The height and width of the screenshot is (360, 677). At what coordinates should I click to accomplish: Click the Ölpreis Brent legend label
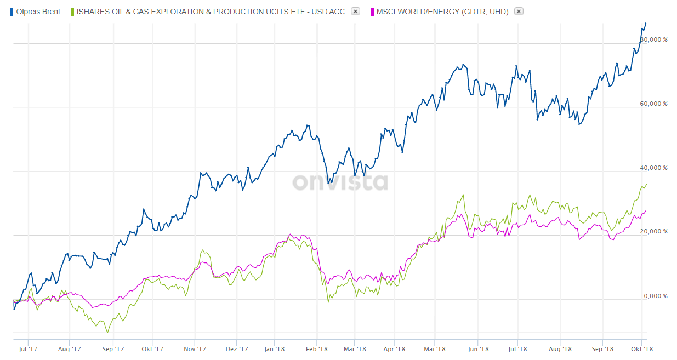click(x=38, y=12)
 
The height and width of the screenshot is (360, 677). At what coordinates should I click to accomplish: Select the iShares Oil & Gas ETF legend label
click(x=211, y=12)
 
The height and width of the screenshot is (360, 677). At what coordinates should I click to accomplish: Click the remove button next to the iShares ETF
click(x=355, y=12)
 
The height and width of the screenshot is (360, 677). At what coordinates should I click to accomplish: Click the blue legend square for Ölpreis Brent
click(x=12, y=12)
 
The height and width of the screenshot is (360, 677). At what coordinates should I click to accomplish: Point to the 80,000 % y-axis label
click(x=654, y=39)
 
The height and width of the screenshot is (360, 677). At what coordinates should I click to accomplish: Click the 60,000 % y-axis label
click(x=654, y=104)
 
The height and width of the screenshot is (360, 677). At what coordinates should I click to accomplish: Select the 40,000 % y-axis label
click(x=654, y=168)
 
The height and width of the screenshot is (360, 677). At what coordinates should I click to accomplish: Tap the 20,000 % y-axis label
click(x=654, y=232)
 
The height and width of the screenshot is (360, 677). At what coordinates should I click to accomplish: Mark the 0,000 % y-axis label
click(x=656, y=296)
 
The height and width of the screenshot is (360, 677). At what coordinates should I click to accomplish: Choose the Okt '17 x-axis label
click(x=152, y=348)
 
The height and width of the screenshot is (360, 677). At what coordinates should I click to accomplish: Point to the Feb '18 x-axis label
click(x=316, y=348)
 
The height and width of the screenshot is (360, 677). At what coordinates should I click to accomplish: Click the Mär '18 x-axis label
click(x=355, y=348)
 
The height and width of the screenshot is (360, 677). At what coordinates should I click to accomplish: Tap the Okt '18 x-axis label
click(x=641, y=348)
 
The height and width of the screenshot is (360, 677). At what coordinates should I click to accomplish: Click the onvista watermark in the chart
click(x=340, y=182)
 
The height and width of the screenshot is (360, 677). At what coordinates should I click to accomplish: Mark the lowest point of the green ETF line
click(x=107, y=332)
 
